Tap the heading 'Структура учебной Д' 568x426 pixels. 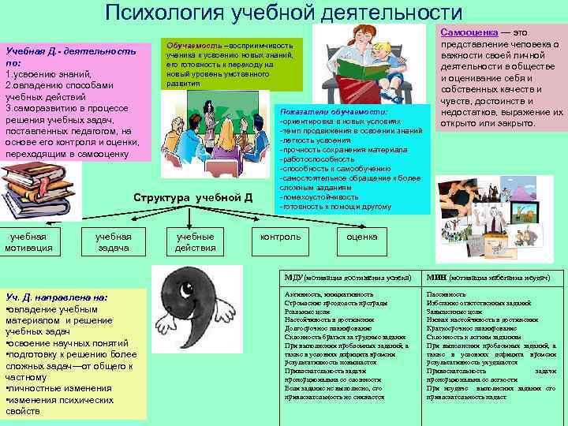193,197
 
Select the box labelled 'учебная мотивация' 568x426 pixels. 28,242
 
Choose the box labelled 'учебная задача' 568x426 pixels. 113,242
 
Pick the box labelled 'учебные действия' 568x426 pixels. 196,242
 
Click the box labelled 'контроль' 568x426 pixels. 280,237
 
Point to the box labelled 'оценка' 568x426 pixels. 363,237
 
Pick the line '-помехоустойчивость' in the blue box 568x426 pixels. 318,197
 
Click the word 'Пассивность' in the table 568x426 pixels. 447,293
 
